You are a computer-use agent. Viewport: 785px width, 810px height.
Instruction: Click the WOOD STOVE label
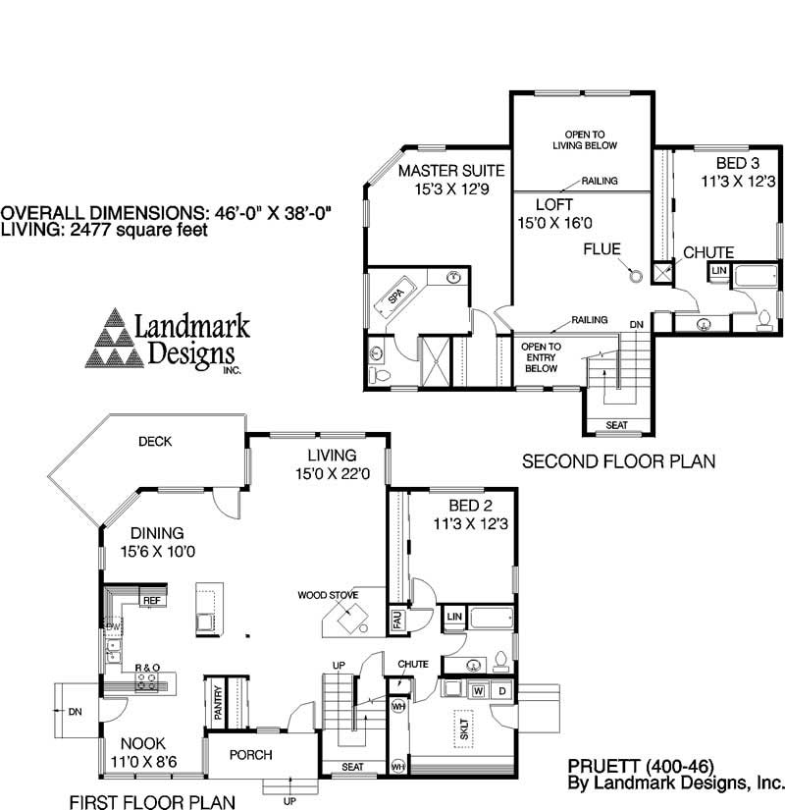click(x=329, y=595)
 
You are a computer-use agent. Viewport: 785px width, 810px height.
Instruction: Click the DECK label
click(x=155, y=442)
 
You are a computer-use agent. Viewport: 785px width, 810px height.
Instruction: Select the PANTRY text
click(x=218, y=702)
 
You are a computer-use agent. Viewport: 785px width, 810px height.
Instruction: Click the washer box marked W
click(x=478, y=690)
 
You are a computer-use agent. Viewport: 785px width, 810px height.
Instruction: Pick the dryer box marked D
click(x=501, y=690)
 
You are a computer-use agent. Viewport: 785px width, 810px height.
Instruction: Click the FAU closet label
click(x=397, y=620)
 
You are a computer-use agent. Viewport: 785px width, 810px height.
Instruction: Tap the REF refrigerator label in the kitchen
click(x=151, y=600)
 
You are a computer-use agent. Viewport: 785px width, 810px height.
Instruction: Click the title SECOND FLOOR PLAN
click(x=618, y=460)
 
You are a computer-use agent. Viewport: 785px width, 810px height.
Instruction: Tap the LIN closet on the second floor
click(x=719, y=270)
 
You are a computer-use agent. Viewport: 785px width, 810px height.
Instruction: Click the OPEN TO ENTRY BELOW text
click(x=541, y=357)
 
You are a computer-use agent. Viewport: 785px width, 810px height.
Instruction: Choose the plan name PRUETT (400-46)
click(x=640, y=765)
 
